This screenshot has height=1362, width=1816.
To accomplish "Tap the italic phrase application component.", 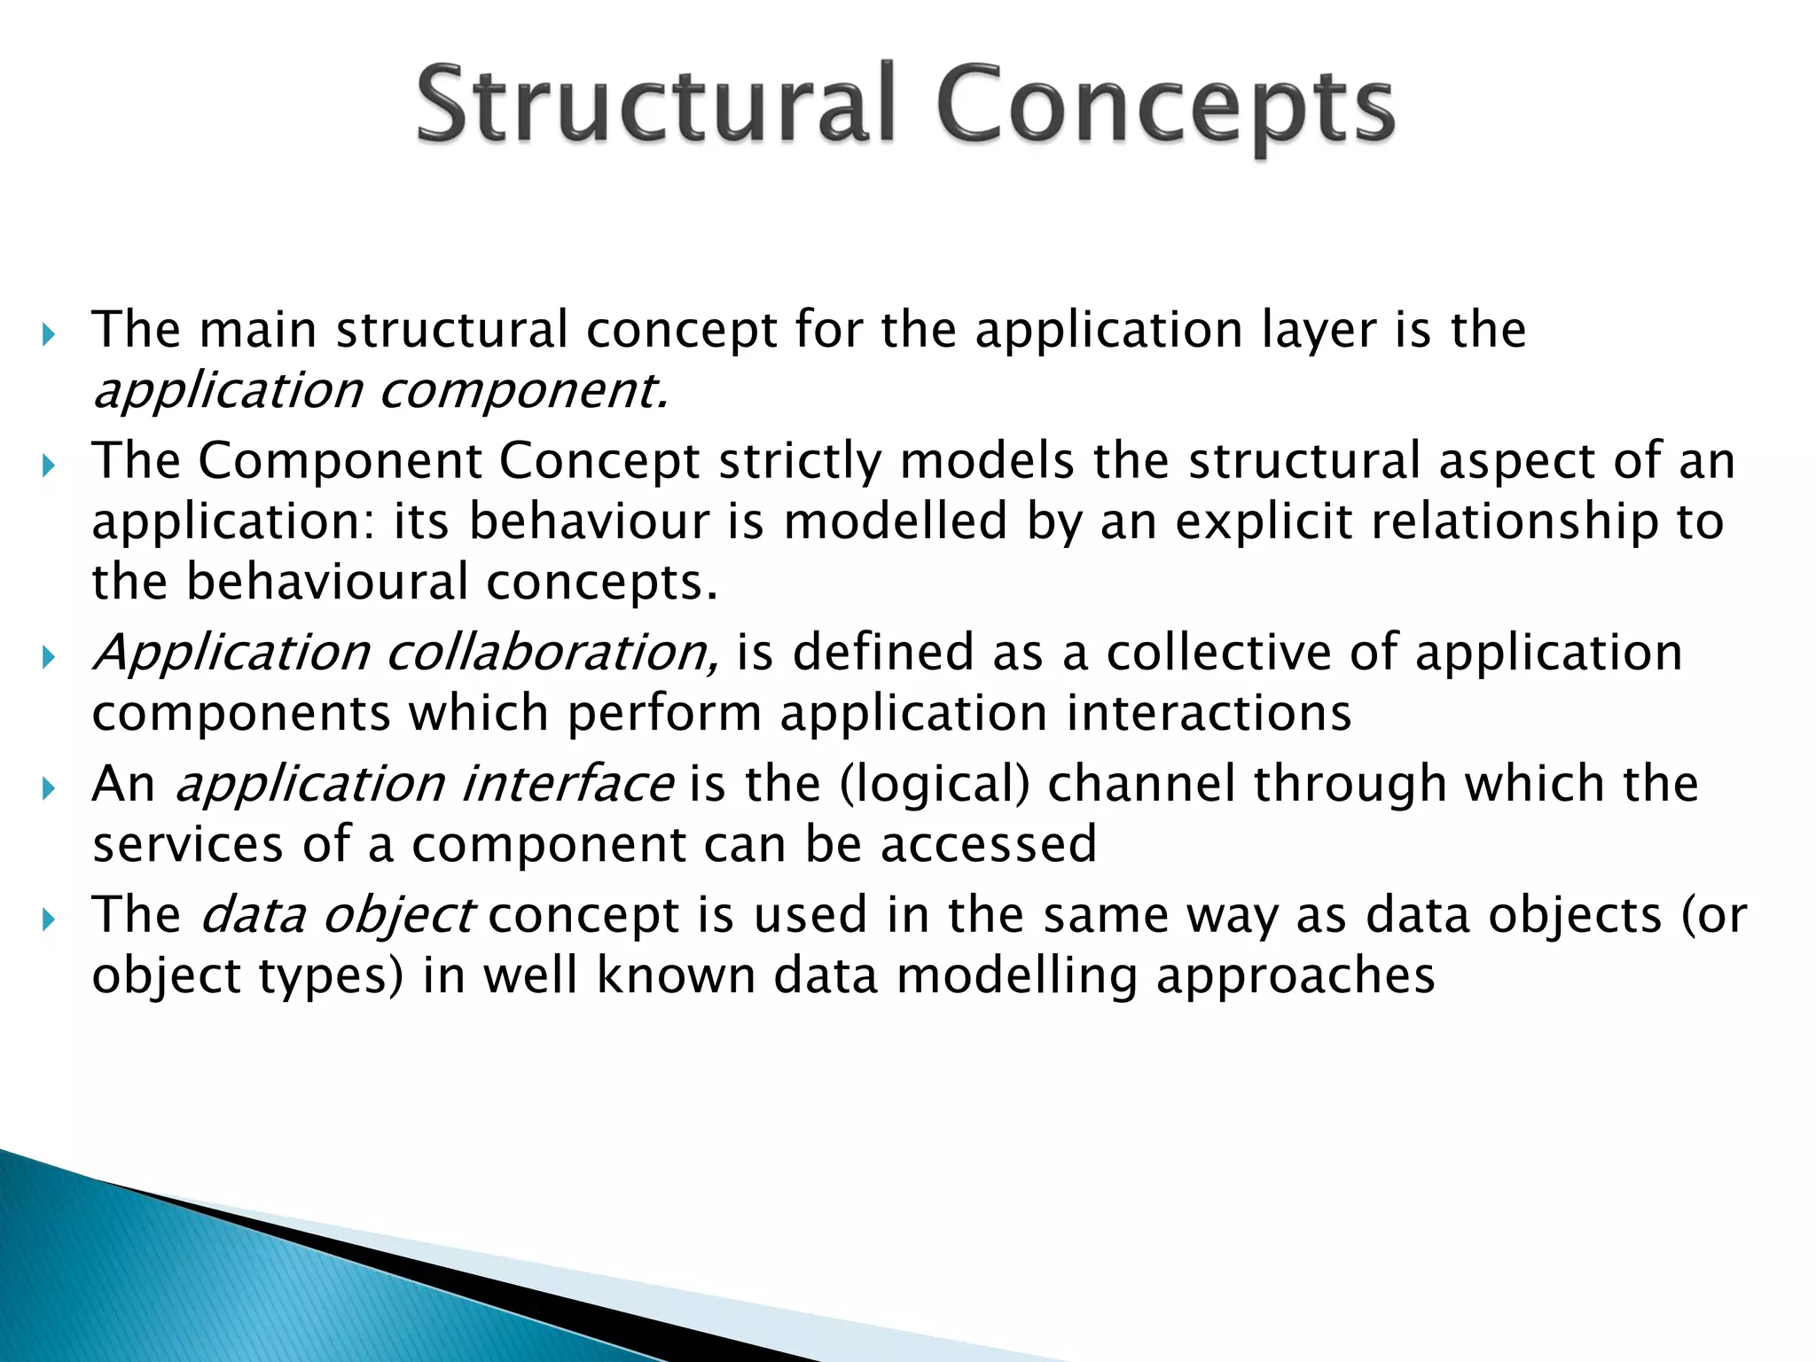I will pos(380,391).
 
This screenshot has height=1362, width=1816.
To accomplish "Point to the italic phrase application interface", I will pos(424,785).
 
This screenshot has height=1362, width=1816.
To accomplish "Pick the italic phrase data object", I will pos(337,915).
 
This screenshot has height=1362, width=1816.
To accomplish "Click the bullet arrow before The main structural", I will pos(49,335).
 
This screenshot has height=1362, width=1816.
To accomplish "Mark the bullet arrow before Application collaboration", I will pos(49,658).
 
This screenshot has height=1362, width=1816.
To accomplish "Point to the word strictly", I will pos(799,462).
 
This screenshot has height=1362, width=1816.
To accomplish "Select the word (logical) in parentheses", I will pos(935,785).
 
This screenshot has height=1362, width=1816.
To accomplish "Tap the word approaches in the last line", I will pos(1295,976).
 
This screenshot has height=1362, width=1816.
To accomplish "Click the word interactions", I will pos(1209,713).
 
